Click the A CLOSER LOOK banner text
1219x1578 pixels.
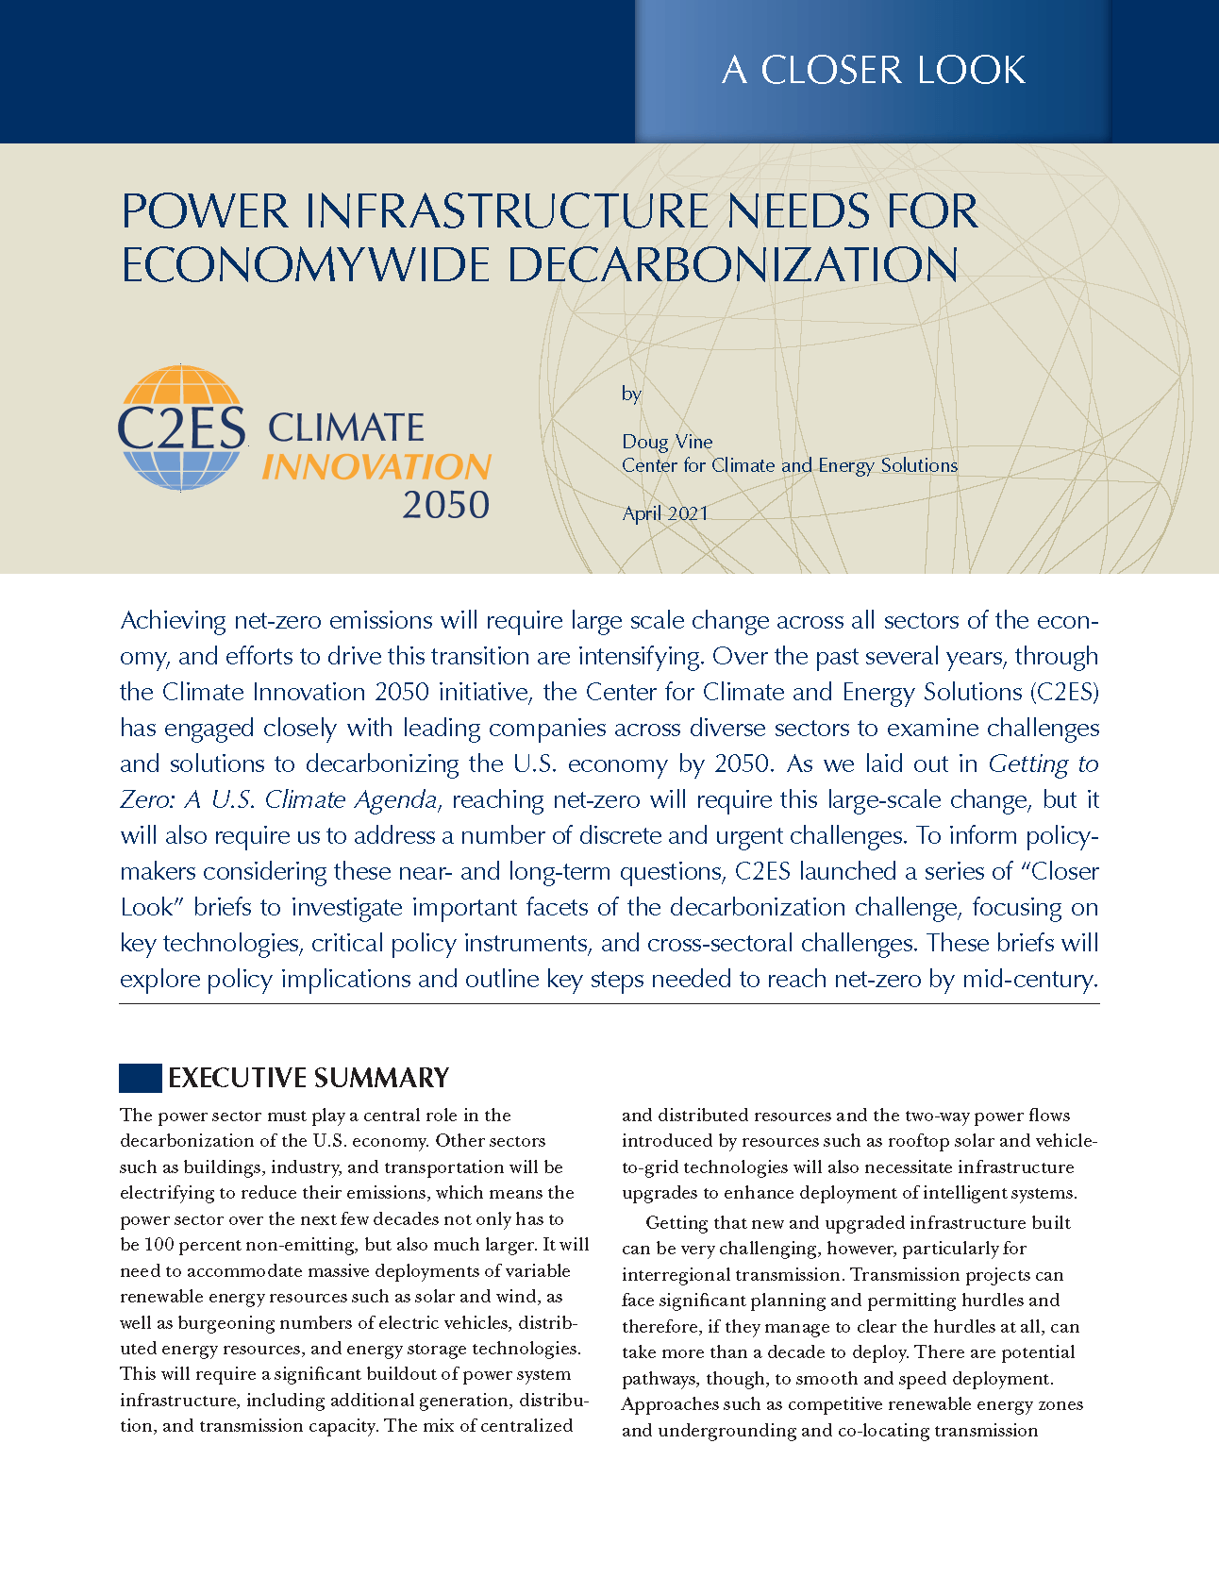(873, 70)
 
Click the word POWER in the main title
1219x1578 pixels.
(205, 211)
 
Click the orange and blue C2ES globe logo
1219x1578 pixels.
(182, 428)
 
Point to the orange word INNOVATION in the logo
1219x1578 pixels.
(376, 467)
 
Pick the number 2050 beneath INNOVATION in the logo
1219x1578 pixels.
(445, 506)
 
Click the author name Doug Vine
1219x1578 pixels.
(667, 442)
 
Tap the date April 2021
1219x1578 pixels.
(665, 513)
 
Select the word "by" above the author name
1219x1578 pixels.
(631, 394)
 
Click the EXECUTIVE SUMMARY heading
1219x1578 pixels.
(308, 1078)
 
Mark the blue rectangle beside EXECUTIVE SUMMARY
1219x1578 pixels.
(140, 1078)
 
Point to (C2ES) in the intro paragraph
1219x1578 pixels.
(1064, 693)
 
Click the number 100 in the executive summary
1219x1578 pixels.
(159, 1245)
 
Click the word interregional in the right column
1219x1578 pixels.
(677, 1274)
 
